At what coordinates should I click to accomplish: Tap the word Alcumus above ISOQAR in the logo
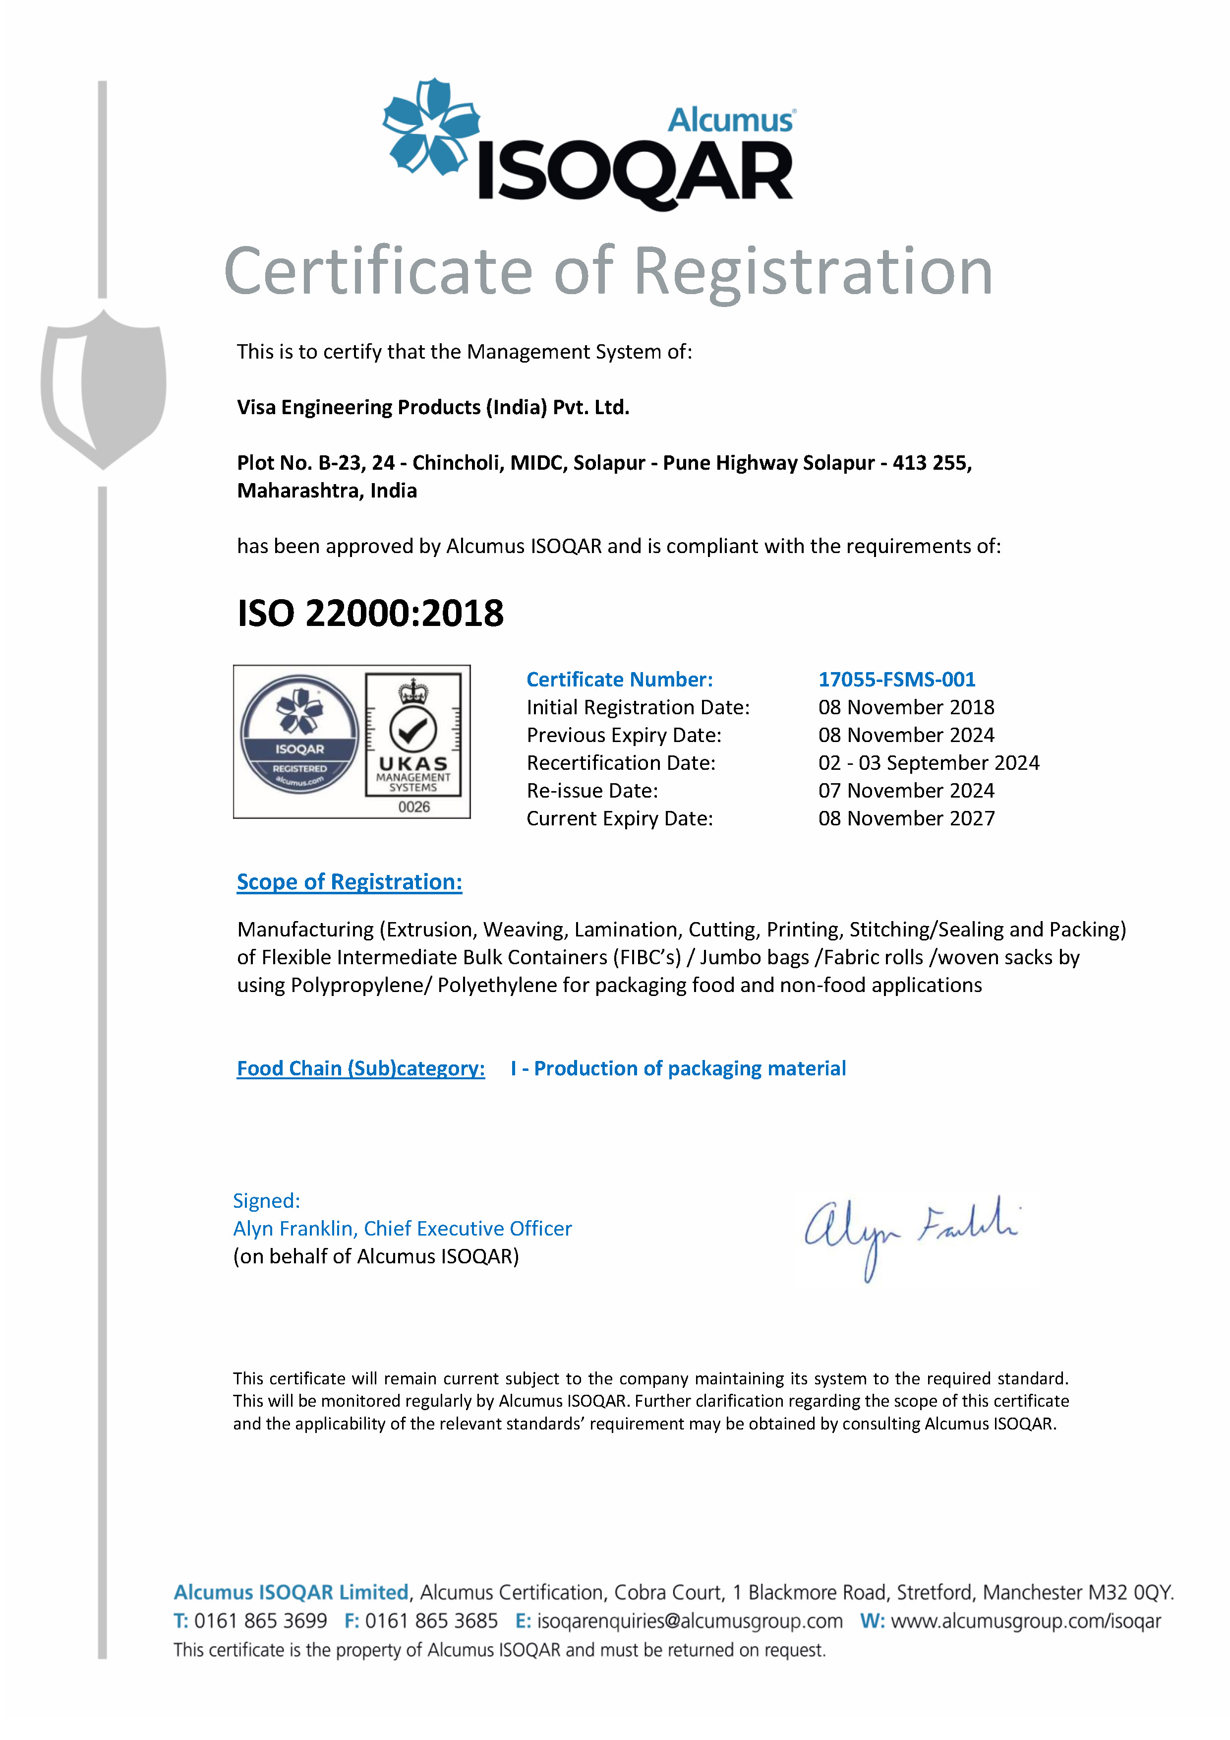730,120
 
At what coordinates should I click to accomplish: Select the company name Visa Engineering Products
432,408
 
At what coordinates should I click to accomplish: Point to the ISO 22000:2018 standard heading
370,613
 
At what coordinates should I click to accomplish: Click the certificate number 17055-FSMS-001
897,680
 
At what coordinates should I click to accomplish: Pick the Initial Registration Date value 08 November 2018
906,708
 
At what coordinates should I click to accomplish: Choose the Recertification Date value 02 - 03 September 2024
929,763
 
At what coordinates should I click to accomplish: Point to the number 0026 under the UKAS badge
413,807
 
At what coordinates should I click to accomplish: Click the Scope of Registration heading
349,882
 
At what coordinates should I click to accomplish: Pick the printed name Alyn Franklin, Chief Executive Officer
402,1229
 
